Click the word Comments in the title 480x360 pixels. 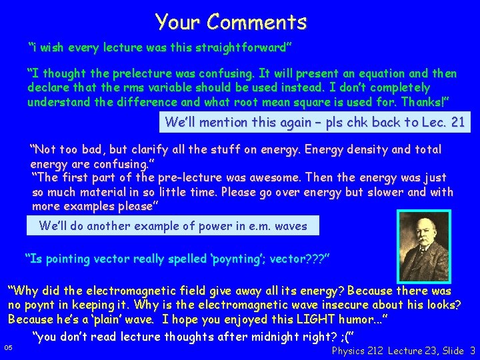pos(257,22)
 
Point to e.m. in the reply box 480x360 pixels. pos(248,226)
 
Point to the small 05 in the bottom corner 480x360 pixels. pos(8,347)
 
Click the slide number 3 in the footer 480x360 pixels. pos(472,351)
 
